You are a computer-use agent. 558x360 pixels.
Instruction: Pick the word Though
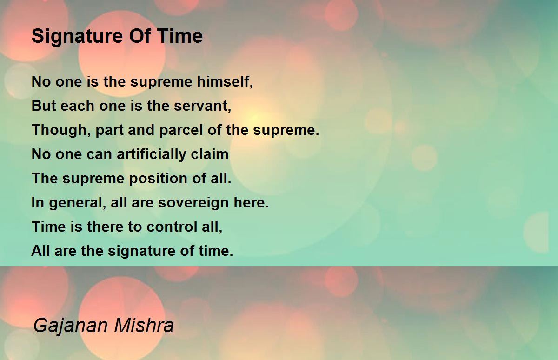point(61,130)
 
